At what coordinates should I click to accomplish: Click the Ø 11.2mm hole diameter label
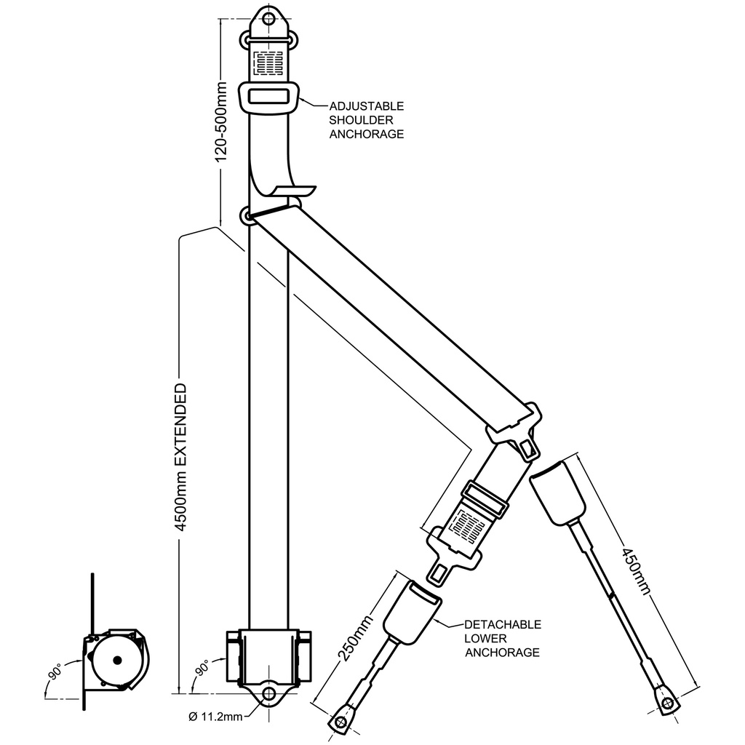215,717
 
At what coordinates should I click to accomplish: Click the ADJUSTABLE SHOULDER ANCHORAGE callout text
366,120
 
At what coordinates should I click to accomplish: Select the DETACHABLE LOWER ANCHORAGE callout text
503,638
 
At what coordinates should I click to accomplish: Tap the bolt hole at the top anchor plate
269,18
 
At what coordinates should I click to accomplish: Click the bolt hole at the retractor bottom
269,693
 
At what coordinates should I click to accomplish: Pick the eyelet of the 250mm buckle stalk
339,722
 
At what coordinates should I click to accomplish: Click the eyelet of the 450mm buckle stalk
666,702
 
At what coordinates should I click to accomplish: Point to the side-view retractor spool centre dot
116,661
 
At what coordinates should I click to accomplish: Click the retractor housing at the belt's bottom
269,655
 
